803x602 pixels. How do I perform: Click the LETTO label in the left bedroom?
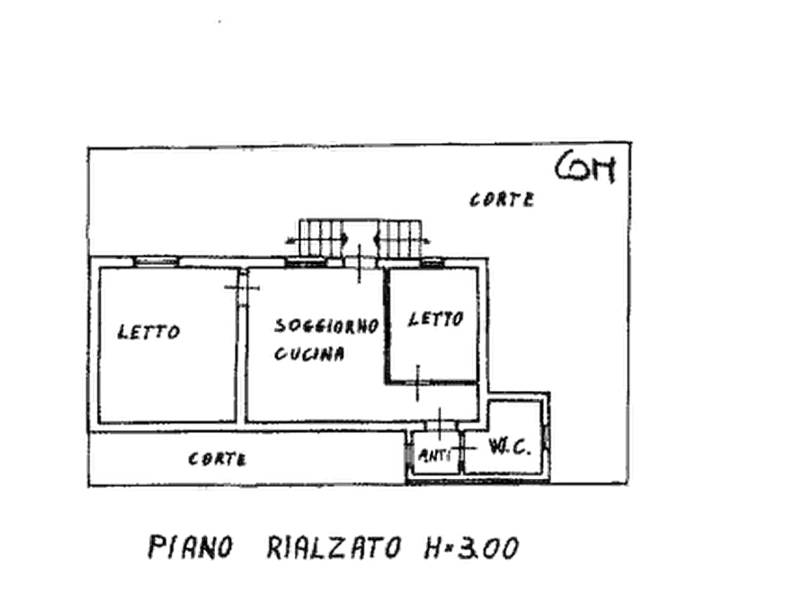(148, 332)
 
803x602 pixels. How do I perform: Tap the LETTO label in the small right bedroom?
(436, 320)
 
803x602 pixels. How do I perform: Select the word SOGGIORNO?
(326, 326)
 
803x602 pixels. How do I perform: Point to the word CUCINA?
(309, 354)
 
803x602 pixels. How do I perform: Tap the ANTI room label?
(435, 455)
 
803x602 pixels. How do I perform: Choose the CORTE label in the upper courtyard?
(502, 199)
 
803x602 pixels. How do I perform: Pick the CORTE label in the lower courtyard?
(217, 458)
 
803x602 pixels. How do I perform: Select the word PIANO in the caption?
(191, 547)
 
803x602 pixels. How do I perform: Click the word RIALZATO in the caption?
(335, 547)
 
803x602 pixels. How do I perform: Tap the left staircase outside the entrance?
(319, 238)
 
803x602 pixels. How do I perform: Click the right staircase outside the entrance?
(400, 238)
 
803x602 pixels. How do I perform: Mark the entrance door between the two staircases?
(360, 263)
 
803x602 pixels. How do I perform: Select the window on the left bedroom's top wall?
(156, 262)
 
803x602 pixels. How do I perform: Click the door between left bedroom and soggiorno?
(242, 288)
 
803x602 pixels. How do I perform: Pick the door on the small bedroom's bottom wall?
(417, 383)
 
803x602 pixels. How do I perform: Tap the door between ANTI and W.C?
(462, 449)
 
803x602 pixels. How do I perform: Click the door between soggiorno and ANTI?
(440, 424)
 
